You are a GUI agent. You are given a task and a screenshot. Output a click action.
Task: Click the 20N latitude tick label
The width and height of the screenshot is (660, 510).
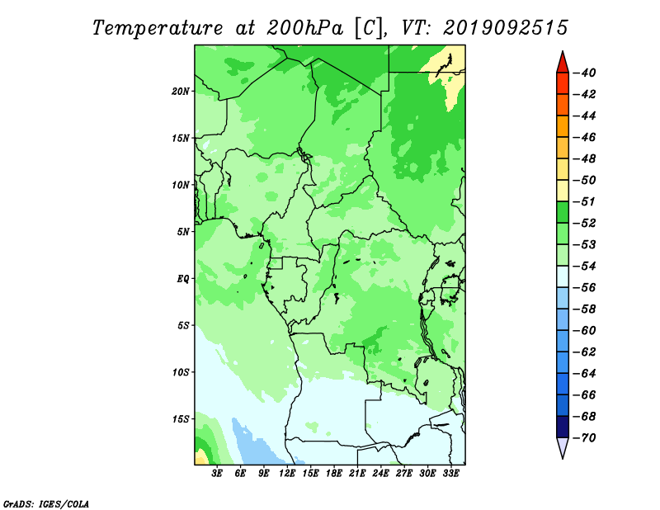(181, 92)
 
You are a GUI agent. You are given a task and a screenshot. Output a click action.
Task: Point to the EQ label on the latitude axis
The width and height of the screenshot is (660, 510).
(183, 279)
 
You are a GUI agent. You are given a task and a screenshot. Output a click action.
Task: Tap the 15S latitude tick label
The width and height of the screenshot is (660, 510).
(181, 419)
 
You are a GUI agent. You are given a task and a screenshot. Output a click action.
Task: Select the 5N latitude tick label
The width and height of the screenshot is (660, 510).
(183, 232)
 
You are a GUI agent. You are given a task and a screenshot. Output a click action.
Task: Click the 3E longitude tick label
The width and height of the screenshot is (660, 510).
(217, 474)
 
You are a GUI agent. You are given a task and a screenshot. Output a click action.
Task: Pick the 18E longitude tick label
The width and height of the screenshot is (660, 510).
(334, 474)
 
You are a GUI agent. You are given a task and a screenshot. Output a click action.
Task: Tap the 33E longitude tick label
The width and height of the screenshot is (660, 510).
(450, 474)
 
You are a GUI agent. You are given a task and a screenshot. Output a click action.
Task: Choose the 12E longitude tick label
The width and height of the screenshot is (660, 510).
(287, 474)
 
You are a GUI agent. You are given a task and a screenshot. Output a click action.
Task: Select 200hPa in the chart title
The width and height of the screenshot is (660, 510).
(304, 28)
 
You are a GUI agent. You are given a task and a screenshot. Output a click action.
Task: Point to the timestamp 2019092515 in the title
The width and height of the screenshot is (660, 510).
(506, 28)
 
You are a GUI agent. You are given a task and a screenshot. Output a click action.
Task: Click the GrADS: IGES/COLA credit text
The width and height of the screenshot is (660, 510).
(46, 504)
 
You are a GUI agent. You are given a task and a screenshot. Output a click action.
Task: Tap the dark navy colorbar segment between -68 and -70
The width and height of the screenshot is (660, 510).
(563, 427)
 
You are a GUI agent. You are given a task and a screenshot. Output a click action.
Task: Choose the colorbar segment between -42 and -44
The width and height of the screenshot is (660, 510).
(563, 105)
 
